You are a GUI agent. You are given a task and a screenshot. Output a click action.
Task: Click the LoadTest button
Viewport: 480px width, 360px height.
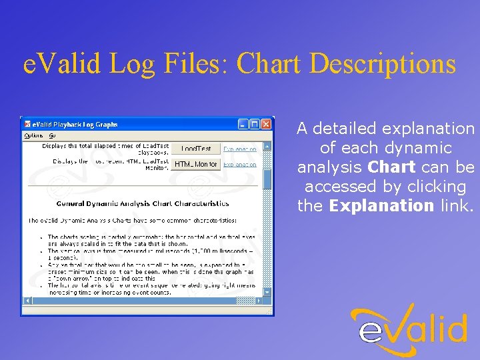pos(196,149)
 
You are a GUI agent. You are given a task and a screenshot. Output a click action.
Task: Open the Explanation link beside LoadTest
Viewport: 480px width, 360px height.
pos(239,149)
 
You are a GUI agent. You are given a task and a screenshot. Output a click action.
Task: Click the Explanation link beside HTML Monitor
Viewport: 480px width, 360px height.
pos(239,164)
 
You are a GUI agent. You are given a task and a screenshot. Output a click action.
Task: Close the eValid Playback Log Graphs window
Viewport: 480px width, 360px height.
pos(267,124)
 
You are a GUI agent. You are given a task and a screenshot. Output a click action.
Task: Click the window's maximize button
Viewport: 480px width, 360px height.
pos(255,124)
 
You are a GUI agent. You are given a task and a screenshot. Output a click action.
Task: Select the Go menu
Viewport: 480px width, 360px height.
pos(52,135)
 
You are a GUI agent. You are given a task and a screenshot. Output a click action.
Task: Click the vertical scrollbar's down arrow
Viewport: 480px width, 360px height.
pos(268,292)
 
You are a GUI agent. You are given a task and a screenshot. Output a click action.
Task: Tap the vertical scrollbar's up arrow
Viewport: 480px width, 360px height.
pos(268,146)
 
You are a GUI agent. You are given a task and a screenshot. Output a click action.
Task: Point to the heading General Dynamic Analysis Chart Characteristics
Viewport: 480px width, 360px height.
pos(143,204)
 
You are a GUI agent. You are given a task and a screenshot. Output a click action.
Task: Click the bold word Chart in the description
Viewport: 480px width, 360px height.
pos(391,167)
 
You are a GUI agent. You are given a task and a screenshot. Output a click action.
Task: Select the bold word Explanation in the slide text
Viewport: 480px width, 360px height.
pos(381,205)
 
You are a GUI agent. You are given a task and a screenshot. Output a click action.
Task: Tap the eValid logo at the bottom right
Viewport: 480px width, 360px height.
pos(409,331)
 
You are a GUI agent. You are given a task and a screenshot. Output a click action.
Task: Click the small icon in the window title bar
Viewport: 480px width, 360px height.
pos(27,124)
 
